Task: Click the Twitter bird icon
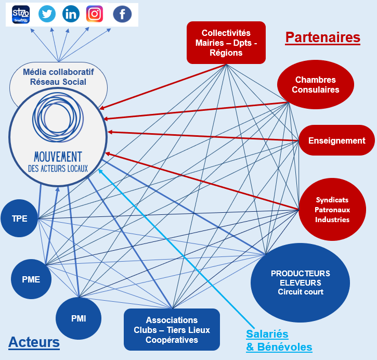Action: pos(47,14)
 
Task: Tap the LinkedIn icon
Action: pos(71,14)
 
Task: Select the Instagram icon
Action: pos(95,14)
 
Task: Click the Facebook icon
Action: pos(122,15)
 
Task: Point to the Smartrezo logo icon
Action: pos(21,14)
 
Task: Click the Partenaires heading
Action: pos(322,37)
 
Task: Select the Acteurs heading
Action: pos(34,342)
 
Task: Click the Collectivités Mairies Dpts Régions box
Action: pos(226,43)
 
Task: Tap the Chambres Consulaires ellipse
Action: pos(315,85)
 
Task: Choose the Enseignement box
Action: pos(336,140)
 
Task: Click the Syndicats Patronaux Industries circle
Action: pos(332,210)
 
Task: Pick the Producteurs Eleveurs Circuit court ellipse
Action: pos(300,282)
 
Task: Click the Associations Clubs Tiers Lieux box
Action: pos(172,330)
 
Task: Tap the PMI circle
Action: pos(78,318)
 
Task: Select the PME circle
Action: pos(31,279)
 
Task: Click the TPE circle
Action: pos(20,218)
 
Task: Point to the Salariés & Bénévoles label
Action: pos(279,340)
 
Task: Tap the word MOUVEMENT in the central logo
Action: pos(57,157)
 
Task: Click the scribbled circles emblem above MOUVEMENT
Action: pos(57,121)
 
